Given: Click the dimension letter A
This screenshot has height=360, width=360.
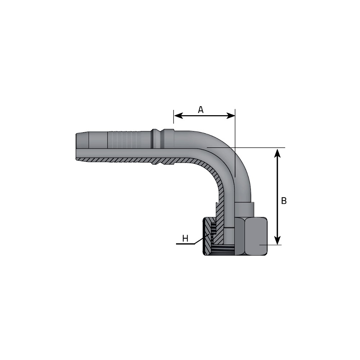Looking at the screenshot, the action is pyautogui.click(x=201, y=110).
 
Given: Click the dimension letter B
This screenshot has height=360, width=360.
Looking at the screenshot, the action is pyautogui.click(x=284, y=201).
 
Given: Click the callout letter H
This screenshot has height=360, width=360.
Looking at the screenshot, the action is pyautogui.click(x=185, y=239).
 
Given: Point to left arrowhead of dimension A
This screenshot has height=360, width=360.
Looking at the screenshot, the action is pyautogui.click(x=178, y=116).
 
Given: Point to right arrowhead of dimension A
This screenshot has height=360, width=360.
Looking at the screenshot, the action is pyautogui.click(x=231, y=116).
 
